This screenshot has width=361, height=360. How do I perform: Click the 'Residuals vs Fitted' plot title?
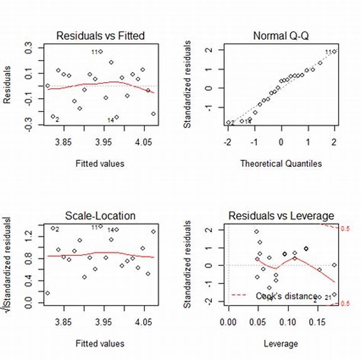click(x=100, y=36)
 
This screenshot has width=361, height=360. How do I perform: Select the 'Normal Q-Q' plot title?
click(x=280, y=36)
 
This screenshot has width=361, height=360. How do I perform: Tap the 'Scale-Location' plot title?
click(x=100, y=216)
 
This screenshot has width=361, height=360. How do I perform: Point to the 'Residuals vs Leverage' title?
click(x=281, y=216)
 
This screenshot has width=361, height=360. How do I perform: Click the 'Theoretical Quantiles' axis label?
click(x=281, y=164)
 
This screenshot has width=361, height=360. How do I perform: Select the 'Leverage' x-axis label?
click(x=281, y=343)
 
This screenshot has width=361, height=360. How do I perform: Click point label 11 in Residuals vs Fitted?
click(x=95, y=52)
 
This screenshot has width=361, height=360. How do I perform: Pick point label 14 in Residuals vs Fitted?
click(x=111, y=120)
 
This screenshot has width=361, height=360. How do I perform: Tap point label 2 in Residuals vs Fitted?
click(x=57, y=120)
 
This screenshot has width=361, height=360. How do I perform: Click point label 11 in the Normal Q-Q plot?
click(x=329, y=51)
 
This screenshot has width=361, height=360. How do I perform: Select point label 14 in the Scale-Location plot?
click(x=111, y=230)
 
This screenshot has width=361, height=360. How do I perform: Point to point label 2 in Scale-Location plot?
click(x=57, y=229)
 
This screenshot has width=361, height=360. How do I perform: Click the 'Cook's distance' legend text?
click(x=286, y=296)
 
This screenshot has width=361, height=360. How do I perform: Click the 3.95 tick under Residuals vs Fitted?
click(x=104, y=143)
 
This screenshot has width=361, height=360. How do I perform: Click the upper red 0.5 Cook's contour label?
click(x=345, y=229)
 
